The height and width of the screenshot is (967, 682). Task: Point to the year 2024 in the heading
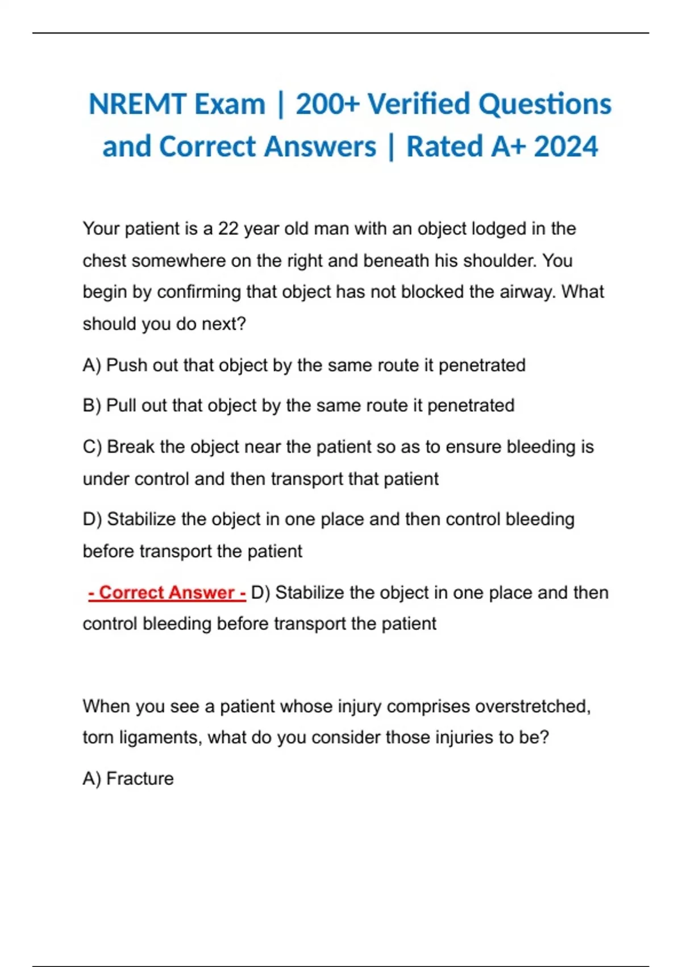[566, 147]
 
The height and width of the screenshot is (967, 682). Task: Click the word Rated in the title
[444, 147]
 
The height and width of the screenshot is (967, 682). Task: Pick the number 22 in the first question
[228, 229]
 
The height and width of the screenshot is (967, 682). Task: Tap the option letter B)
[92, 406]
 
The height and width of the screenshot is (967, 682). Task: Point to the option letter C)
[92, 447]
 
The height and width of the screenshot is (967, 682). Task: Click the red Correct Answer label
[167, 593]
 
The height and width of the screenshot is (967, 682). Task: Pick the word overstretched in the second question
[532, 706]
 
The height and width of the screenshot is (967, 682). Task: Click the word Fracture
[140, 779]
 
